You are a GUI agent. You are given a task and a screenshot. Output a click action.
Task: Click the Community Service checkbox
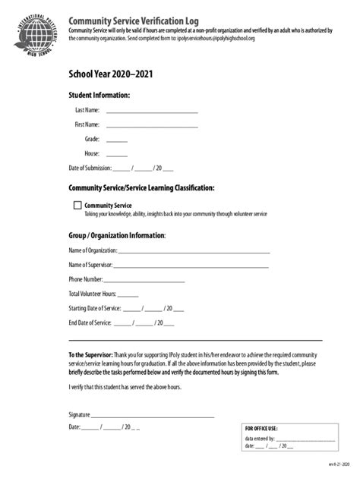77,205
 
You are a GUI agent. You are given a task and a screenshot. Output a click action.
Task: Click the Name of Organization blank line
194,250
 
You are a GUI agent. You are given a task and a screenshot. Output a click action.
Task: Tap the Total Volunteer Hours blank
128,294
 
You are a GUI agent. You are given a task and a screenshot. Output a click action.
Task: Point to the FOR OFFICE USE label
261,428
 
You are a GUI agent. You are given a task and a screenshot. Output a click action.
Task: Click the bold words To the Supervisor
90,355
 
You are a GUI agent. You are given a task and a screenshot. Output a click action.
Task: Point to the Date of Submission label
90,168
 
